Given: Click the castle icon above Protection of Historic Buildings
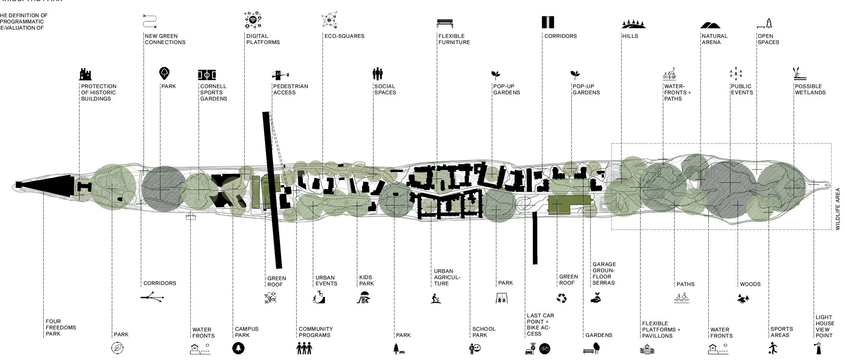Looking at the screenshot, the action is click(x=85, y=74).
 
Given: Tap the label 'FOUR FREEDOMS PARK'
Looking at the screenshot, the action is click(x=61, y=327).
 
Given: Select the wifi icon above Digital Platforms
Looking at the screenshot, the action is click(x=253, y=20).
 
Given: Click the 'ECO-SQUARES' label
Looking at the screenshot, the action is click(x=344, y=36).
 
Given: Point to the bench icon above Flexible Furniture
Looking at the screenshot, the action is click(x=445, y=23).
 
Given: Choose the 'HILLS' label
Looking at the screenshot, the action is click(x=630, y=36).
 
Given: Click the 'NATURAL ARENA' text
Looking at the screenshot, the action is click(x=714, y=39).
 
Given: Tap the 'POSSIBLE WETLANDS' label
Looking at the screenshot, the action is click(x=810, y=89).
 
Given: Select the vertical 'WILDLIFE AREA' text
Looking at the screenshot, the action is click(x=838, y=209).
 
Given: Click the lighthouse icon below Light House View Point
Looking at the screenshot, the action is click(x=818, y=348).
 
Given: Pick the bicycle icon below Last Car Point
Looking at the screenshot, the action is click(x=545, y=349).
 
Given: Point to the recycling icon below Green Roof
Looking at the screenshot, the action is click(x=561, y=298).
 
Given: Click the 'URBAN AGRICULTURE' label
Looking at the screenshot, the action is click(x=447, y=277).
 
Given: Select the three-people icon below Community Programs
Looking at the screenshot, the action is click(x=304, y=348).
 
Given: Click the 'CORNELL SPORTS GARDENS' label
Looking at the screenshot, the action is click(x=213, y=92).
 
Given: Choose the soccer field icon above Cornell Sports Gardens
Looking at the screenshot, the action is click(x=207, y=74).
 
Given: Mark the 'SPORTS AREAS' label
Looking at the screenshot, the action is click(x=782, y=332).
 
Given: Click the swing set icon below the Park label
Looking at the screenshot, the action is click(x=501, y=298).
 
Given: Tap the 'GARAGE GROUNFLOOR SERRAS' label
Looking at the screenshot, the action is click(x=604, y=273).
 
